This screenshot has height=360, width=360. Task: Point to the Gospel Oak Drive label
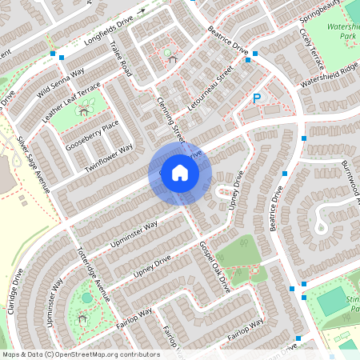click(x=214, y=264)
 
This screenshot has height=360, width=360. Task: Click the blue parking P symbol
click(x=257, y=98)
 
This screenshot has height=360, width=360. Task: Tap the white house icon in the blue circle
click(x=180, y=172)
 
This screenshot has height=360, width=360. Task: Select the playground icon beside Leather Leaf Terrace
click(x=82, y=110)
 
